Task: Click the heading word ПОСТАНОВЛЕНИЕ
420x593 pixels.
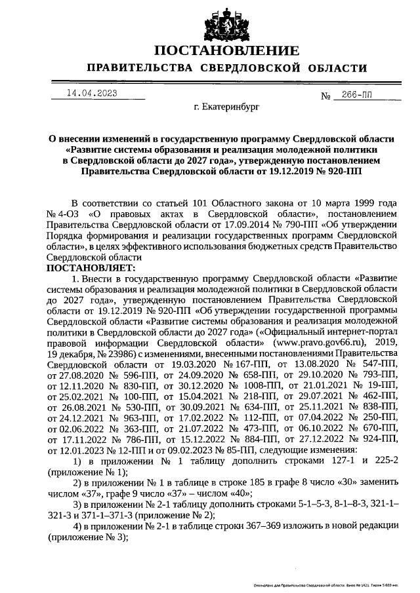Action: click(226, 51)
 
